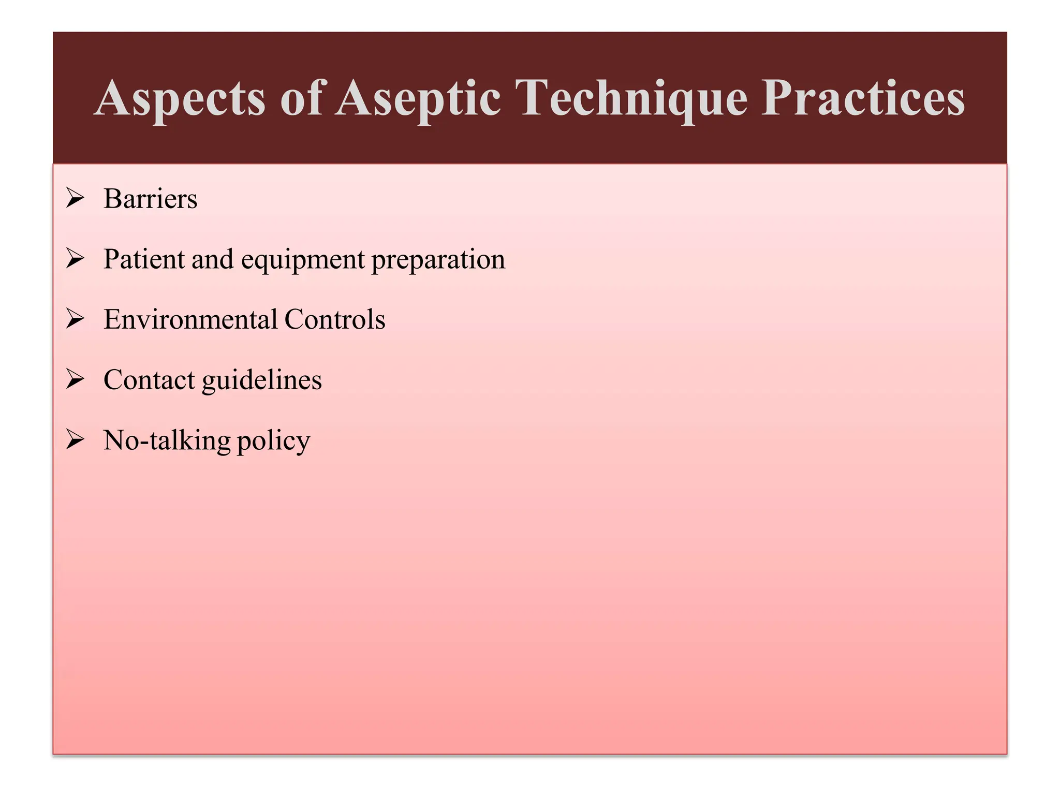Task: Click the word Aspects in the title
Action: coord(180,98)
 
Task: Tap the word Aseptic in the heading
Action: coord(418,98)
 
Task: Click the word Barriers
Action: coord(150,199)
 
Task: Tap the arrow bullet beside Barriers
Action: coord(75,198)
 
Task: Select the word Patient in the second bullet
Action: coord(144,259)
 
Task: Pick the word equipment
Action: coord(302,260)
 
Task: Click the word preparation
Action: coord(438,260)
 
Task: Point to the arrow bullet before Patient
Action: coord(75,258)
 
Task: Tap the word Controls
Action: coord(334,319)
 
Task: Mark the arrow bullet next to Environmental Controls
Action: coord(75,319)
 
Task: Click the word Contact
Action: coord(149,380)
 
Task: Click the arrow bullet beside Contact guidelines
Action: coord(75,379)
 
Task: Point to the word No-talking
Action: coord(167,441)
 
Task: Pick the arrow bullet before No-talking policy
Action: coord(75,440)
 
